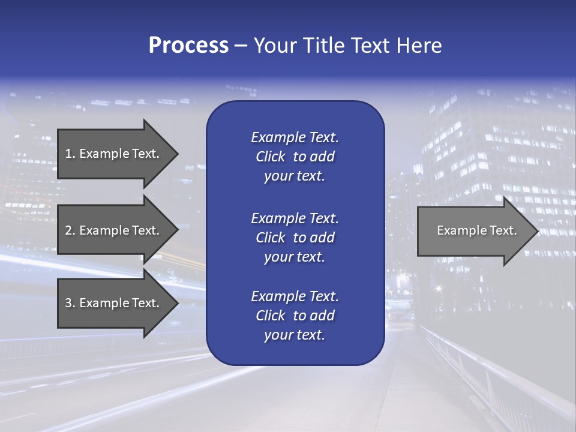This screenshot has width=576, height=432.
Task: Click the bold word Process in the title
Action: pos(188,46)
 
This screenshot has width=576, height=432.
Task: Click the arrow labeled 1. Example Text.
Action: pos(114,154)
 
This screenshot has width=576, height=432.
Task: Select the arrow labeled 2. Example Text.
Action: pos(114,230)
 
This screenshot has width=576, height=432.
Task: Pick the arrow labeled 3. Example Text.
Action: pos(114,303)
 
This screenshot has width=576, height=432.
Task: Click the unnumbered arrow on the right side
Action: pos(474,230)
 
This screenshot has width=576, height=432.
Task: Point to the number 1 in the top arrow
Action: pos(68,154)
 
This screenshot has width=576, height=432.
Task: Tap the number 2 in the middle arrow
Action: pos(68,230)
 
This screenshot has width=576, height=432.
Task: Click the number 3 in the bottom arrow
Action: pos(68,303)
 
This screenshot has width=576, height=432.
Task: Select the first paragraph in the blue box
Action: pos(295,157)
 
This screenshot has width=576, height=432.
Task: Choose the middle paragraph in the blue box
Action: pos(295,238)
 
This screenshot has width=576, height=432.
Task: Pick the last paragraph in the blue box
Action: pos(295,316)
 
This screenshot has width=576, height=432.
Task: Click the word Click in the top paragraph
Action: pos(270,157)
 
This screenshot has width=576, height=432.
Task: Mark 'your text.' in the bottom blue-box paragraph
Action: pos(295,335)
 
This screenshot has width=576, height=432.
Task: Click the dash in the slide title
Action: pos(241,46)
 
